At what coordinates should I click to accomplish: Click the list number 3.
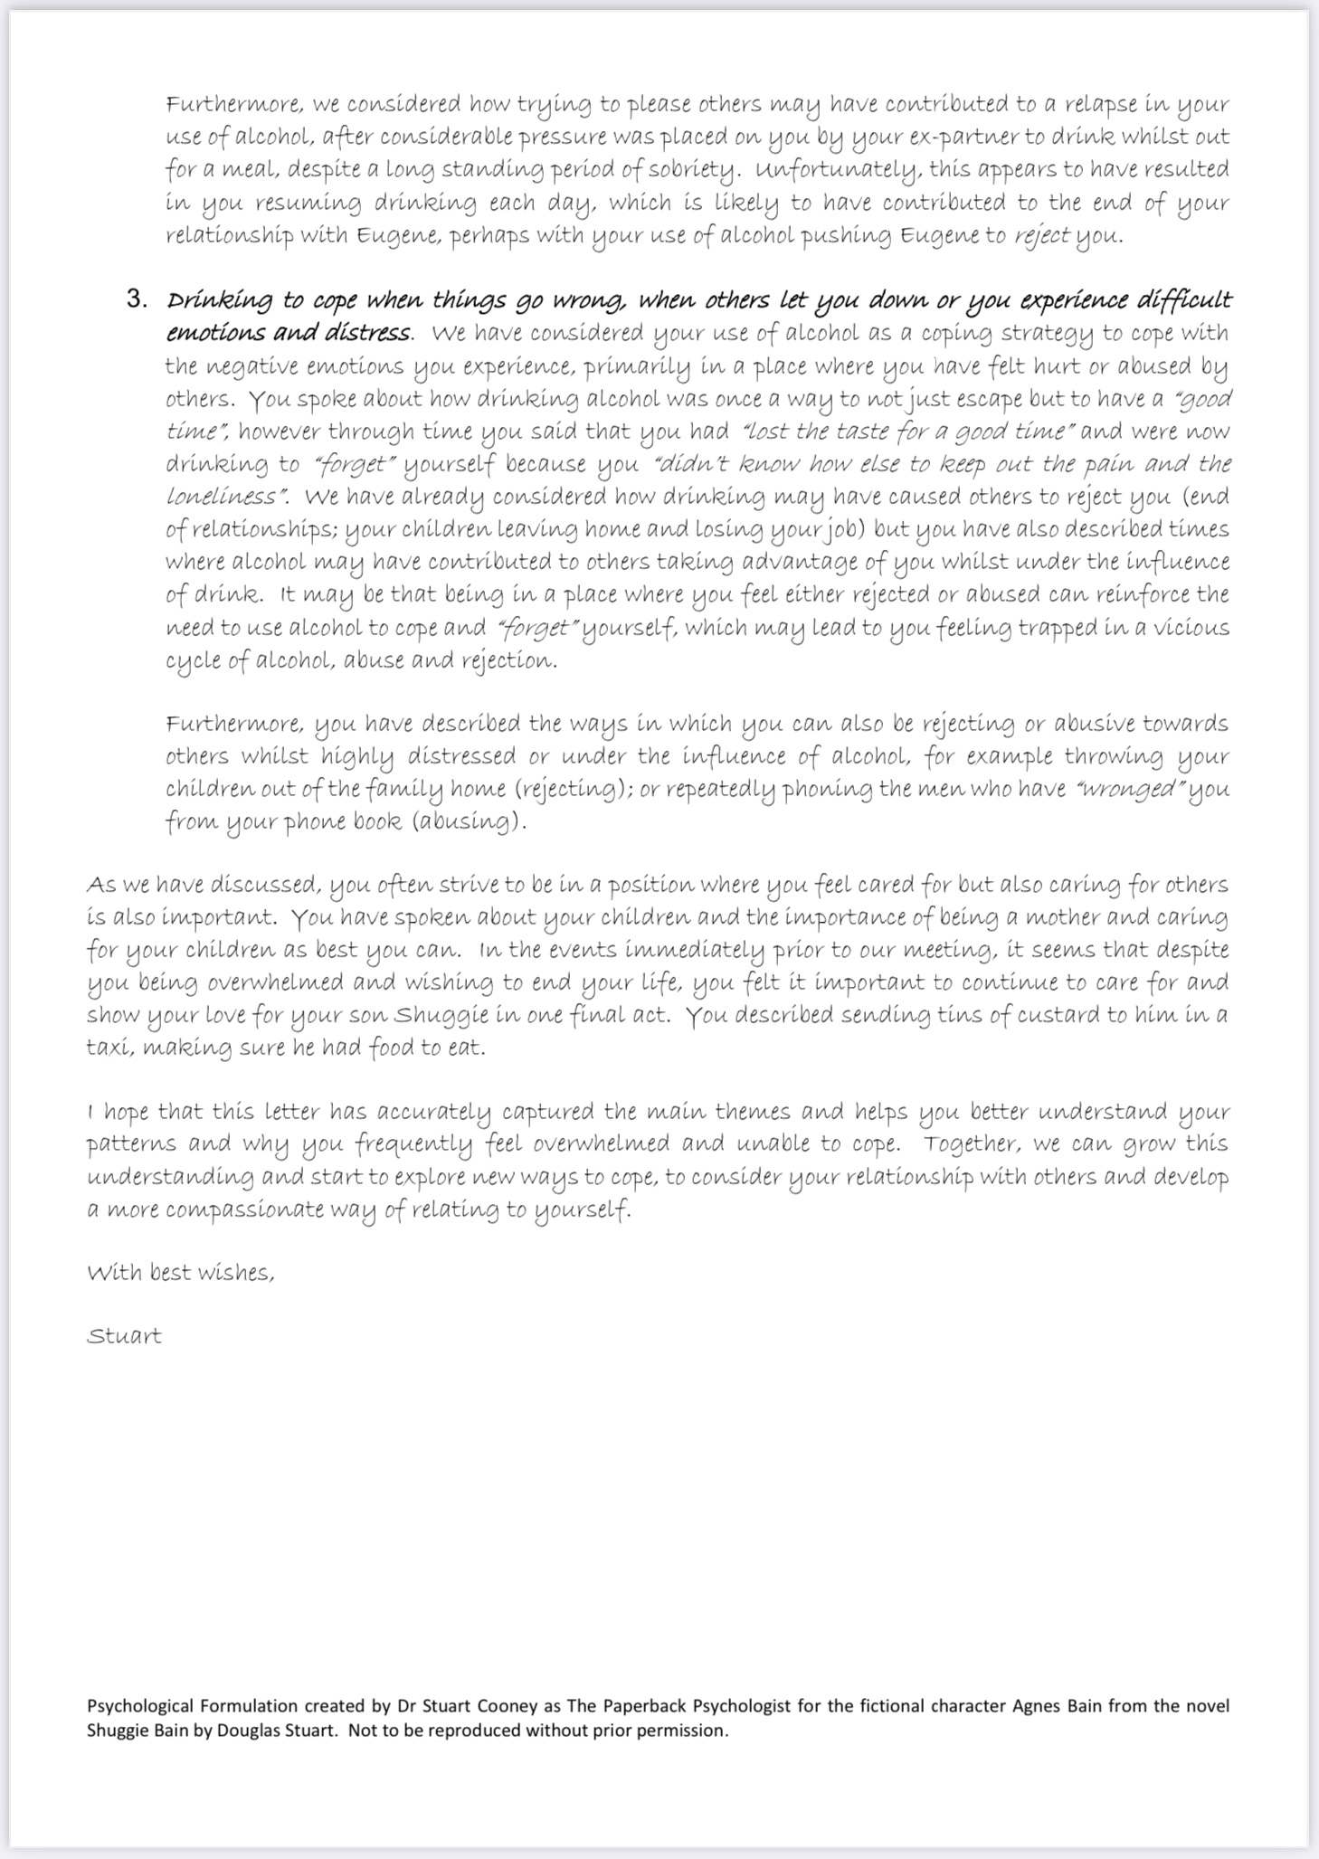(136, 299)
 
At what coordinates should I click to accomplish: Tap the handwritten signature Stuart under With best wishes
(124, 1336)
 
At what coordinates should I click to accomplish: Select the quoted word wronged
(1128, 789)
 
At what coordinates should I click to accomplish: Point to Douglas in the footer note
(230, 1731)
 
